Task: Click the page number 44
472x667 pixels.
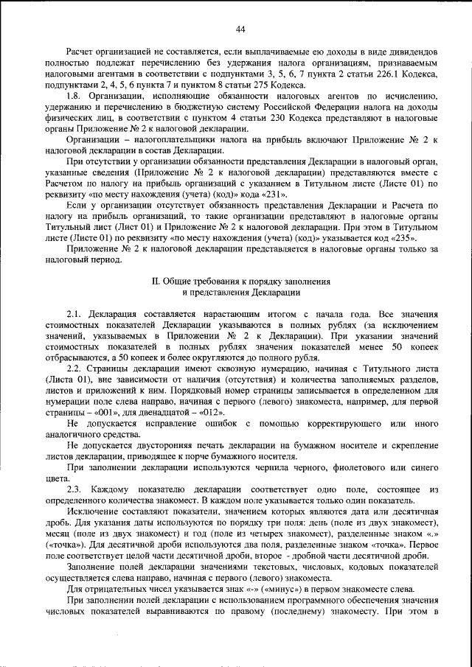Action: pyautogui.click(x=240, y=29)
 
